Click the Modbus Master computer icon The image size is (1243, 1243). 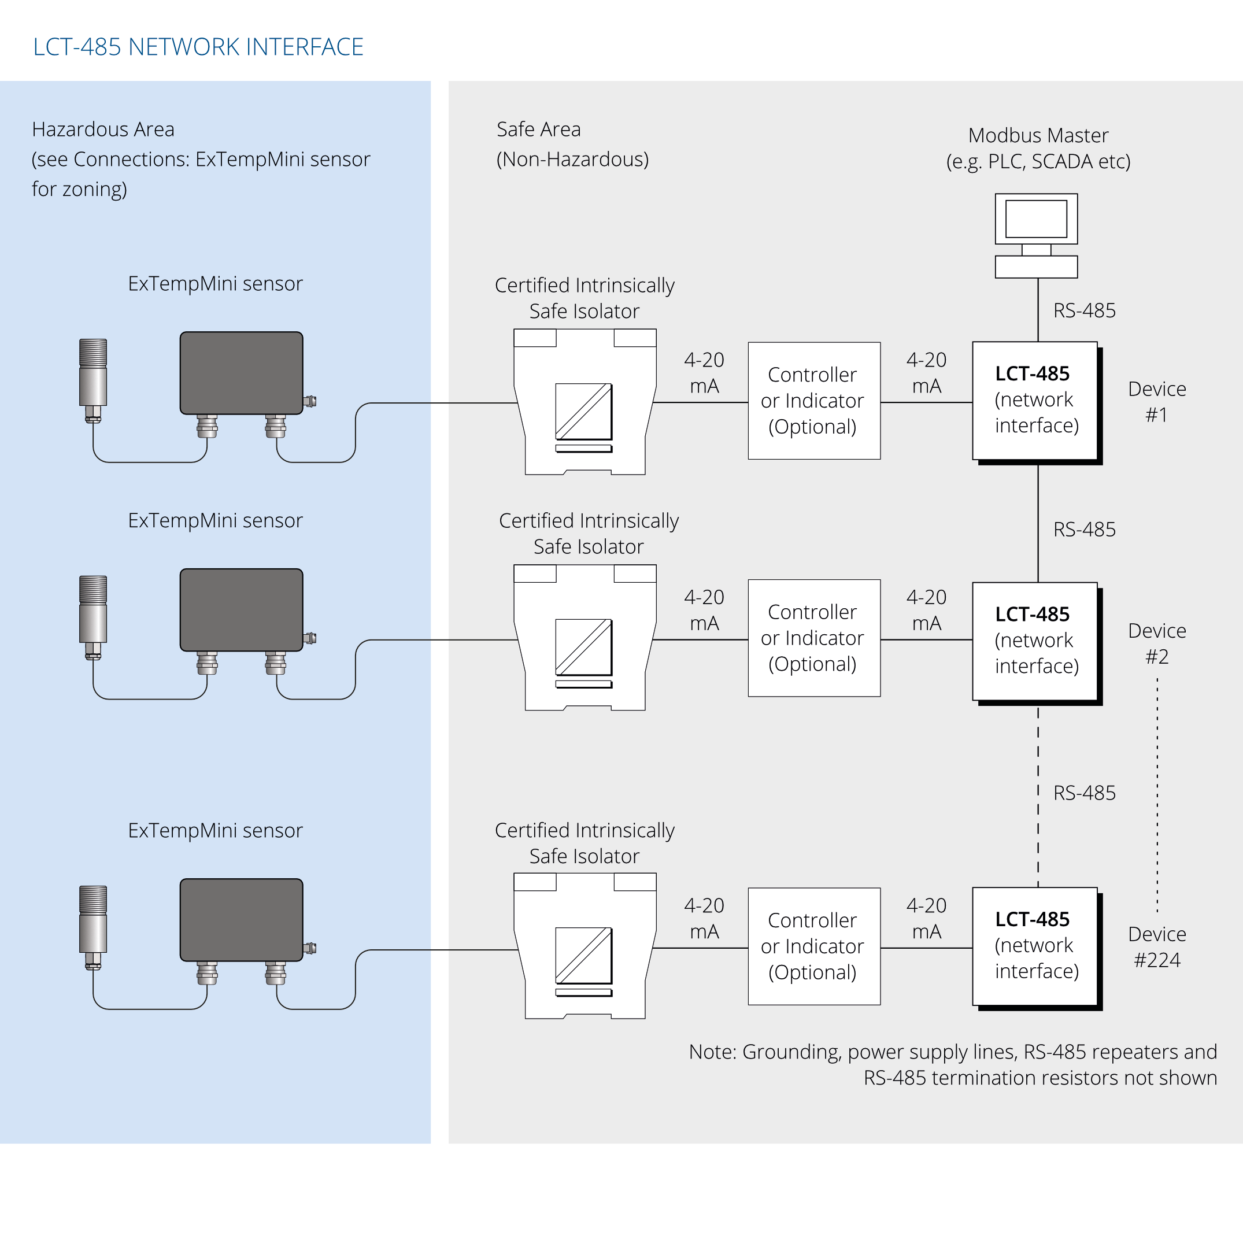1036,235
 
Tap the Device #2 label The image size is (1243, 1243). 1157,643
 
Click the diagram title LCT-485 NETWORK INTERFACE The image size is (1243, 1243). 198,47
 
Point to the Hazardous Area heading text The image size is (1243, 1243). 103,130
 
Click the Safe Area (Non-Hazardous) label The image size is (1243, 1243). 572,144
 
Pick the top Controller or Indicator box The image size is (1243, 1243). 814,400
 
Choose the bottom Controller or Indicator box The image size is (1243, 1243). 814,946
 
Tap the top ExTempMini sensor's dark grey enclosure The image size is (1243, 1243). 241,373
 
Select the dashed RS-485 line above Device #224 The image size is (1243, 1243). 1038,798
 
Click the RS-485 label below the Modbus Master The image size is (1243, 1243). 1084,311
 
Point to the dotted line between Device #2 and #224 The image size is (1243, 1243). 1157,798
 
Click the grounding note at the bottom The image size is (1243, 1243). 952,1064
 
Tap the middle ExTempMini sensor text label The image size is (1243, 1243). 215,520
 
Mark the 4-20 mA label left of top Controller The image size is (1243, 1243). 704,372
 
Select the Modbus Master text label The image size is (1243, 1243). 1038,148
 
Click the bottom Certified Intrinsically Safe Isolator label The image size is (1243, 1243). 584,843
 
